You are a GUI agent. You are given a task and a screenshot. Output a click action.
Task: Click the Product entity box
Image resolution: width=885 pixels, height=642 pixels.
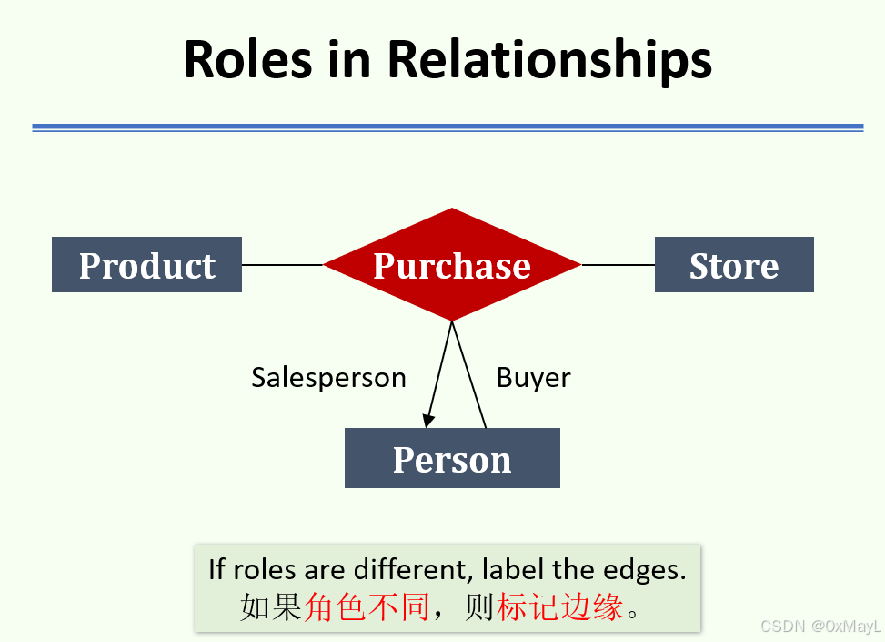click(146, 265)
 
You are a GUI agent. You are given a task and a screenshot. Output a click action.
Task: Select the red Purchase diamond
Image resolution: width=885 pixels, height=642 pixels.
click(452, 265)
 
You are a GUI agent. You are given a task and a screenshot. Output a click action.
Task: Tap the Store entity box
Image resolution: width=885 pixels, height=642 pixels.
click(734, 265)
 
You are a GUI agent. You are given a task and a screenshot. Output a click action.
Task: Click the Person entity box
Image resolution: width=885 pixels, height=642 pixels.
click(452, 459)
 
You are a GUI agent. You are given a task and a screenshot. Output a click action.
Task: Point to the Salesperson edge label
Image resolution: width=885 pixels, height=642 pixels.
click(328, 377)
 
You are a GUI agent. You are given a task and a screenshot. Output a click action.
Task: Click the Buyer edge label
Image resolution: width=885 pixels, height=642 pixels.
click(534, 377)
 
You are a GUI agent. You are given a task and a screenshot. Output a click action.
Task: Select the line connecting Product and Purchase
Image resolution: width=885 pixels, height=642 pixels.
click(282, 265)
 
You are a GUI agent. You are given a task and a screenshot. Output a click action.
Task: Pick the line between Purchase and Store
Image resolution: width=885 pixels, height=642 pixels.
click(618, 265)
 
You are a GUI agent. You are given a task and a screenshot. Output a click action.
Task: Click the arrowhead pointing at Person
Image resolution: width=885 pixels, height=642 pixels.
click(428, 420)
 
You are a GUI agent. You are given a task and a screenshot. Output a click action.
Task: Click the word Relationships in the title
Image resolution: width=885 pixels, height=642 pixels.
click(549, 60)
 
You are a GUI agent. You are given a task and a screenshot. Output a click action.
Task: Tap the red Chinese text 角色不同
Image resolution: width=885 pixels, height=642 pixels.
click(367, 607)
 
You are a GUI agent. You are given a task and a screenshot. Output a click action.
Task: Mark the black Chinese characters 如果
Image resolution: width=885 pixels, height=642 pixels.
click(270, 607)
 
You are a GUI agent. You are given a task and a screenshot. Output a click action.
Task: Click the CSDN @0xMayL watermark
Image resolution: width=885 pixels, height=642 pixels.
click(821, 627)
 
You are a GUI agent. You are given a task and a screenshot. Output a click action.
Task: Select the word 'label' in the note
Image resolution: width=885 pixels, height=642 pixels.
click(515, 570)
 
